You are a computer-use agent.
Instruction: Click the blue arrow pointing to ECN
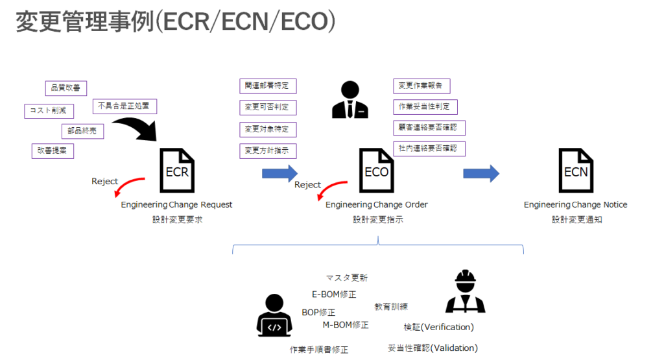[x=480, y=173]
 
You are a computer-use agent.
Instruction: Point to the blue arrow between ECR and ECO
[x=279, y=173]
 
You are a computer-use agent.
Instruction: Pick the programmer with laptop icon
[x=275, y=315]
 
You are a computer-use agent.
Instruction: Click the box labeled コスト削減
[x=49, y=111]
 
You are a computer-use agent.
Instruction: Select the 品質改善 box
[x=66, y=88]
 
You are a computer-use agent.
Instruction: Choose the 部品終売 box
[x=82, y=131]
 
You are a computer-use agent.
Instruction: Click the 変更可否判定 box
[x=268, y=107]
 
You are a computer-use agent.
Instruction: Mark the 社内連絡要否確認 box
[x=429, y=149]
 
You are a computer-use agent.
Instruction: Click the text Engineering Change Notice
[x=575, y=205]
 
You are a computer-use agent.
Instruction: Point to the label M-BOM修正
[x=346, y=325]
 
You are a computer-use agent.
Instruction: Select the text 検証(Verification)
[x=438, y=326]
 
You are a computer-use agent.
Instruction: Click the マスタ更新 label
[x=347, y=278]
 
